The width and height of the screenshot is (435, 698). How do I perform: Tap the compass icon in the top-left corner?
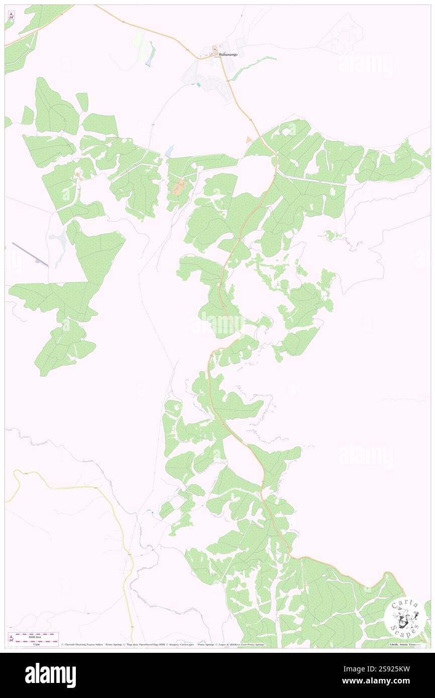(x=11, y=16)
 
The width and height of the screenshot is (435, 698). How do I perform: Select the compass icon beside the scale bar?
(x=11, y=638)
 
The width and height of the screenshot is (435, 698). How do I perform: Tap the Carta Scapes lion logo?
(x=405, y=617)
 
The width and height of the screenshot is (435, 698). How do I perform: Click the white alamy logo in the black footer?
(x=50, y=675)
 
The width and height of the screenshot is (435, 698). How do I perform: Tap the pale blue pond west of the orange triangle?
(x=170, y=150)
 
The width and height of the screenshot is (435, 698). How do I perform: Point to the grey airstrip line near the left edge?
(x=30, y=255)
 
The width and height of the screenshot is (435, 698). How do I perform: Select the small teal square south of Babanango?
(x=198, y=85)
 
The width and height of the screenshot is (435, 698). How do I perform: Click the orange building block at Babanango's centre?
(x=215, y=50)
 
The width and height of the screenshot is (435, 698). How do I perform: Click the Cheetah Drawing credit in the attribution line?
(x=80, y=644)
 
